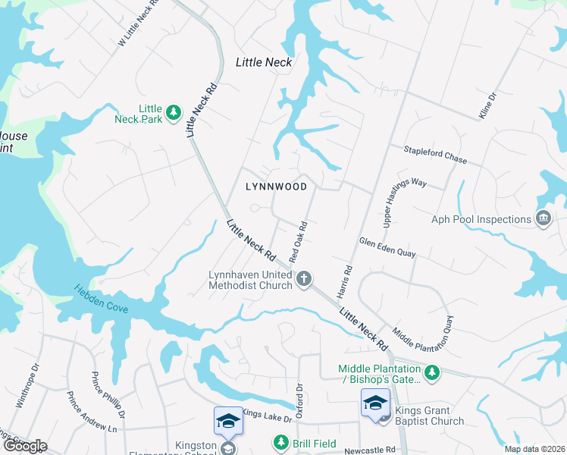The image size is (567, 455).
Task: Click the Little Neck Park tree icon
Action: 174,112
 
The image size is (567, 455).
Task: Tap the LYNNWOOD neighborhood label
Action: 277,187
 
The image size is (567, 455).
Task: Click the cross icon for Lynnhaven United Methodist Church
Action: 303,279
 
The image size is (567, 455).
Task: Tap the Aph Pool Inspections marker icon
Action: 543,219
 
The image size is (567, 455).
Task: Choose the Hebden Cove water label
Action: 101,300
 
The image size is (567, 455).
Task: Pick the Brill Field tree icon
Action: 280,441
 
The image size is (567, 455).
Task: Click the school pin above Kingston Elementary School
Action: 227,422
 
